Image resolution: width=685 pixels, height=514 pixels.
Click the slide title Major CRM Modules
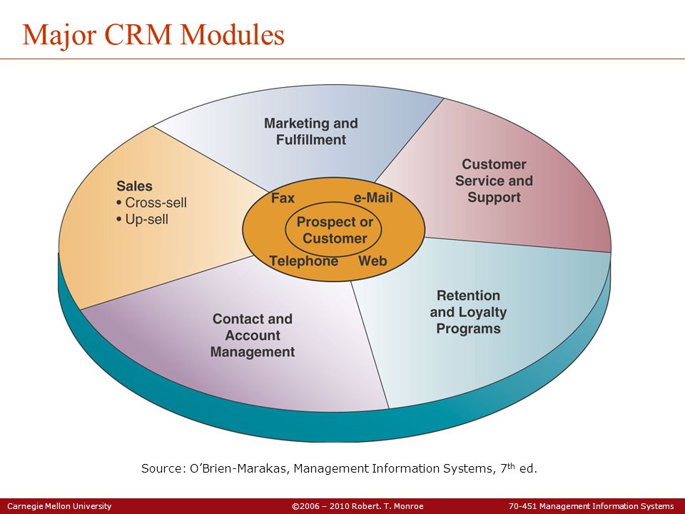153,35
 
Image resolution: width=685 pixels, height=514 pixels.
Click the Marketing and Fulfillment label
311,131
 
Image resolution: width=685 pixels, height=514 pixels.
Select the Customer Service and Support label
494,181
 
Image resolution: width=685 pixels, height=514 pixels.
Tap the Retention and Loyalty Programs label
468,312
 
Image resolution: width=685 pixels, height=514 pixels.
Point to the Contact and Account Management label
253,336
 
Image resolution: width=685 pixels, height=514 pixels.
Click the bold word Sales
134,186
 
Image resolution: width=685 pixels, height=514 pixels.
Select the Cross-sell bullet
151,203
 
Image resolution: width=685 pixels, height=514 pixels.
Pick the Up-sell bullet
143,219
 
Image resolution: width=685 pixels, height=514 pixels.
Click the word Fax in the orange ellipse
283,198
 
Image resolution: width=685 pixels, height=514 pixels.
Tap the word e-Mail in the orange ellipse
373,198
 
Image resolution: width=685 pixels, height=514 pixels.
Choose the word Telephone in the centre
304,261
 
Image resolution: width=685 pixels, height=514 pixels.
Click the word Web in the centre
372,261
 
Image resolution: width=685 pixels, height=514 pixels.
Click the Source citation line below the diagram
339,468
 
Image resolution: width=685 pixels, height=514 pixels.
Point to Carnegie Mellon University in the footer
59,506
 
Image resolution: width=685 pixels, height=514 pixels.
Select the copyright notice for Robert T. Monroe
357,506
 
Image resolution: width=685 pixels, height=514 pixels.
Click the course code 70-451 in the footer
523,506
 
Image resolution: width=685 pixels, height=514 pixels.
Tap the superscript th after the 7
512,465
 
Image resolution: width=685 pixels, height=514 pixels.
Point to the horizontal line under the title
342,59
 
